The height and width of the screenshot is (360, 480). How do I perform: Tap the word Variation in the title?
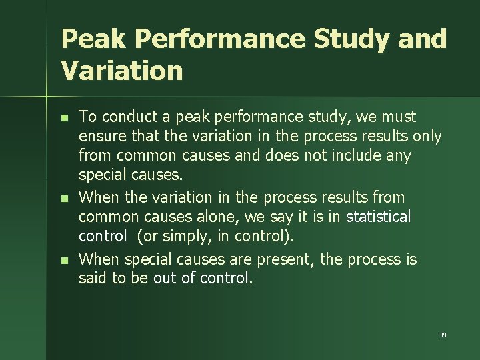pos(121,70)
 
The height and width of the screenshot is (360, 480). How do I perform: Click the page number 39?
pos(443,335)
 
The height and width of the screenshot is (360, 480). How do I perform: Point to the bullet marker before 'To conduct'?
pos(64,117)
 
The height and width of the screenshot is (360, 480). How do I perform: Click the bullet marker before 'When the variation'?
pos(64,198)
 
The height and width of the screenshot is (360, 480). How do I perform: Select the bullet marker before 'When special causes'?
pos(64,259)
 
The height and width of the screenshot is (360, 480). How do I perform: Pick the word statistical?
pos(379,217)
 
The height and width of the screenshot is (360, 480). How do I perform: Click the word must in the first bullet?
pos(400,117)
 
